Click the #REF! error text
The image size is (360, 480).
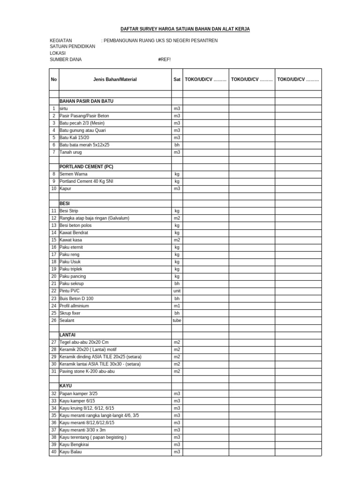pos(165,60)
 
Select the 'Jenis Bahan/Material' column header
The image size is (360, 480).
pos(115,80)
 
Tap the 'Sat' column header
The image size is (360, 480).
pos(177,80)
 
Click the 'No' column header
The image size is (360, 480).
pos(54,80)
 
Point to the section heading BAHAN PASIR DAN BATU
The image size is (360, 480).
pos(86,101)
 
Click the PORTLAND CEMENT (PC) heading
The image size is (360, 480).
pos(86,167)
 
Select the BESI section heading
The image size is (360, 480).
pos(65,204)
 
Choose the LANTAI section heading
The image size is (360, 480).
pos(67,335)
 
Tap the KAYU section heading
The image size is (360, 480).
pos(66,386)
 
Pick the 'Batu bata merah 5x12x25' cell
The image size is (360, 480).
pos(84,145)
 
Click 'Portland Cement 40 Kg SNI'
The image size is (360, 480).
pos(86,181)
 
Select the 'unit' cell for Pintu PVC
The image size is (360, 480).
pos(177,291)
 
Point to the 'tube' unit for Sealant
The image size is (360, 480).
pos(177,321)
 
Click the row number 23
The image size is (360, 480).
pos(54,299)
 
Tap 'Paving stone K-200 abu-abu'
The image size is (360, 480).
pos(87,371)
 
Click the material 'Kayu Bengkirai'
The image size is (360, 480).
pos(75,444)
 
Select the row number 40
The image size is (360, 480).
pos(54,452)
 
